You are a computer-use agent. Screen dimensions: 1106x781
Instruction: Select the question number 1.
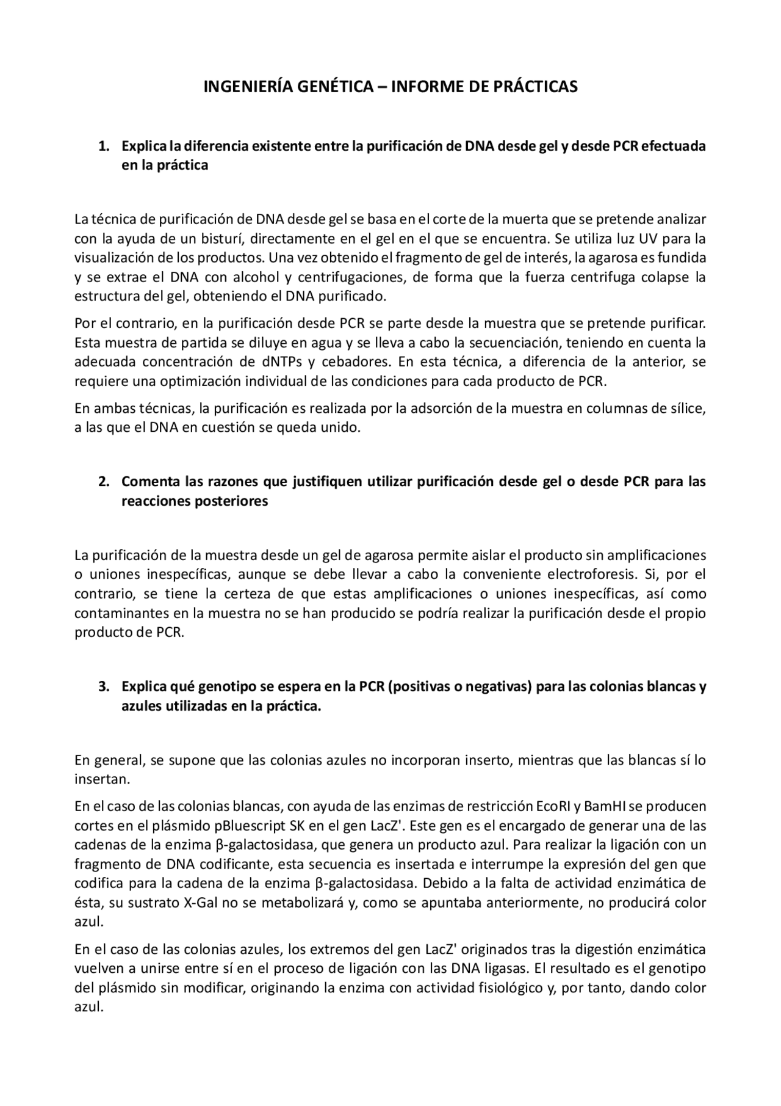(x=104, y=147)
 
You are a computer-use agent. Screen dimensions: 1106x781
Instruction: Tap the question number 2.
(x=104, y=481)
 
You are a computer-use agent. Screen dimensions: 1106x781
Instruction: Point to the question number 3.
(x=104, y=686)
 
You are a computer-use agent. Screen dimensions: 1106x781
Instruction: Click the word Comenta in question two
(x=148, y=481)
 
